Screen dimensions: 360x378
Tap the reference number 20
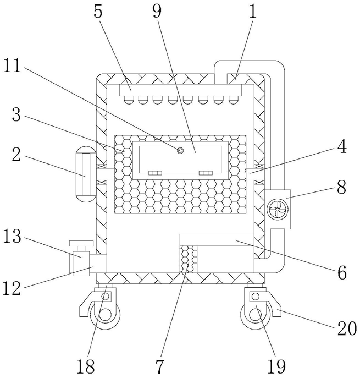pyautogui.click(x=347, y=328)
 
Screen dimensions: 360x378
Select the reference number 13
pyautogui.click(x=12, y=237)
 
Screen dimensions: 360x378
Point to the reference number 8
pyautogui.click(x=342, y=187)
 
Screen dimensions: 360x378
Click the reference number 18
pyautogui.click(x=86, y=366)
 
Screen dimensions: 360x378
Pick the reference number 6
pyautogui.click(x=342, y=272)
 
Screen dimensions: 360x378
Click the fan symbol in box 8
pyautogui.click(x=277, y=210)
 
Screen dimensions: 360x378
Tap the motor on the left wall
pyautogui.click(x=86, y=174)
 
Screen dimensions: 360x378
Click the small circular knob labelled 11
pyautogui.click(x=180, y=151)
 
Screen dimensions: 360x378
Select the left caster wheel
pyautogui.click(x=105, y=315)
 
